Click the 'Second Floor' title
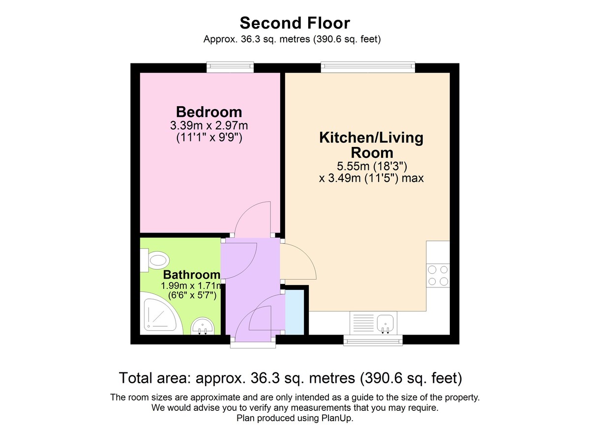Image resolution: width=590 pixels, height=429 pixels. click(295, 23)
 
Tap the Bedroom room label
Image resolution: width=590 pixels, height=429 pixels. click(209, 112)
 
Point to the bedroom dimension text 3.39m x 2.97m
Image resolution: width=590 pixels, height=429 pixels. click(209, 125)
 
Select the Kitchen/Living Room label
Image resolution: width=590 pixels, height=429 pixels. click(371, 145)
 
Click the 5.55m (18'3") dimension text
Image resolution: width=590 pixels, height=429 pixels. click(372, 166)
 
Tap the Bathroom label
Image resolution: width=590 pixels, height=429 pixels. click(191, 275)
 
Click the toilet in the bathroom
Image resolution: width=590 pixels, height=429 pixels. click(155, 260)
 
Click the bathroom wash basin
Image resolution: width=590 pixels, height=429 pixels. click(202, 326)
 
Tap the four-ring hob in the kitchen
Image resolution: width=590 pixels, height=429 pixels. click(438, 276)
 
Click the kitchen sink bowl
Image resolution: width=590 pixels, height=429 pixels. click(385, 323)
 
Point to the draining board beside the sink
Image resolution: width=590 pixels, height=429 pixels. click(363, 323)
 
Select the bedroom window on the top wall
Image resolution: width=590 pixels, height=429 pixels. click(230, 67)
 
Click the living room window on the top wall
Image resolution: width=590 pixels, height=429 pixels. click(368, 67)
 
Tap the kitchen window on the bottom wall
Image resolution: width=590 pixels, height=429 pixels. click(373, 340)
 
